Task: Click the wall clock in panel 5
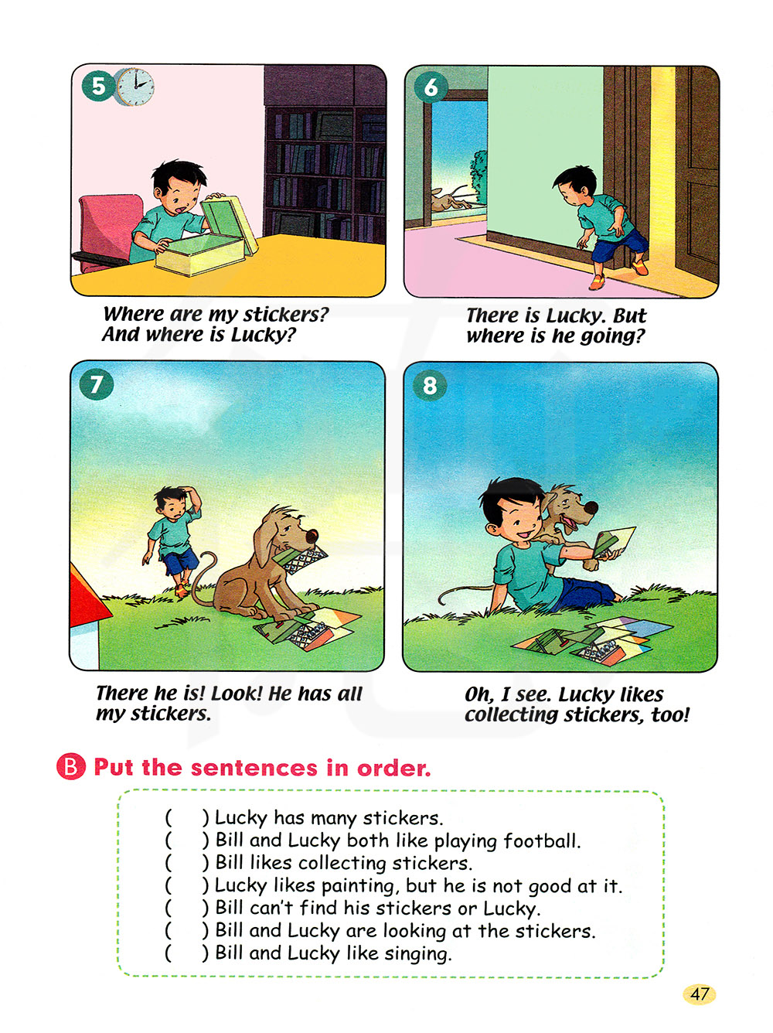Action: pyautogui.click(x=135, y=86)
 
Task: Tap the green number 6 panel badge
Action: pyautogui.click(x=431, y=87)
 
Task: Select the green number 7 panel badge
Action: pyautogui.click(x=97, y=384)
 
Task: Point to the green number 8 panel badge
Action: pyautogui.click(x=430, y=385)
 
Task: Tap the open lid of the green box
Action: pyautogui.click(x=230, y=224)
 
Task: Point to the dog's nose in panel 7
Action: pyautogui.click(x=312, y=536)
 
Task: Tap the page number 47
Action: pyautogui.click(x=699, y=994)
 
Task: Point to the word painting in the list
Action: pyautogui.click(x=359, y=885)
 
